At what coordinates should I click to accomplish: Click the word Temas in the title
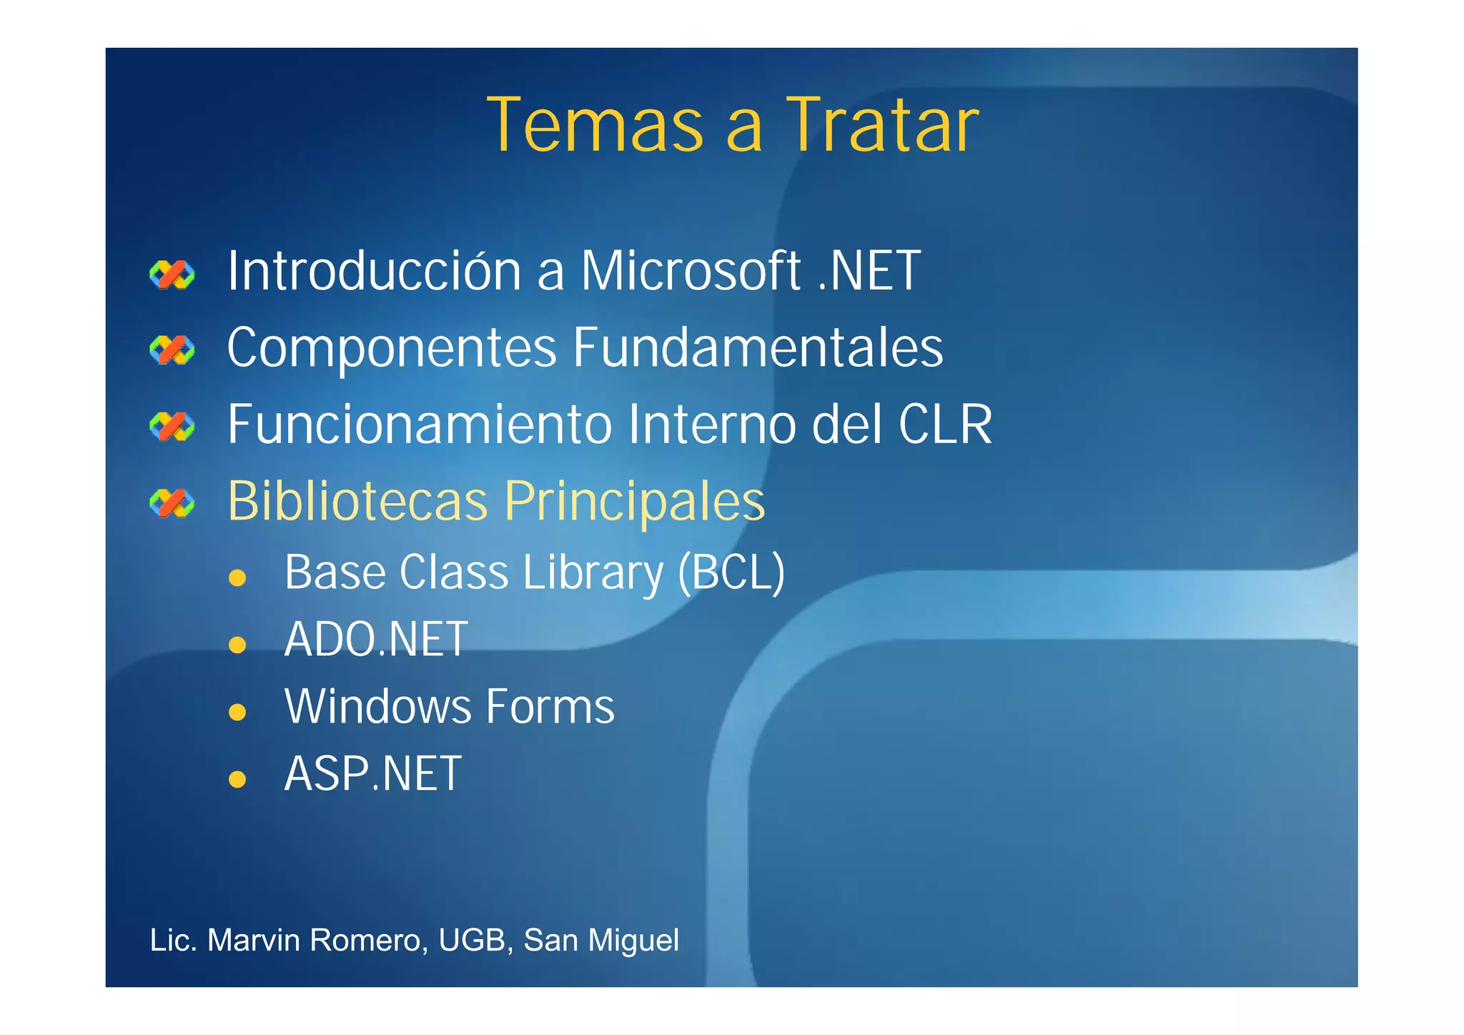pyautogui.click(x=595, y=126)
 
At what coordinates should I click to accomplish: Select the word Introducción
pyautogui.click(x=374, y=271)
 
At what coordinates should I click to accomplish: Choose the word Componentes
pyautogui.click(x=392, y=348)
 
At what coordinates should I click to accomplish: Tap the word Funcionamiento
pyautogui.click(x=420, y=425)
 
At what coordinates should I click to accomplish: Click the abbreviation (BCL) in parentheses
pyautogui.click(x=731, y=573)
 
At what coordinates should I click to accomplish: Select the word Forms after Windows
pyautogui.click(x=550, y=707)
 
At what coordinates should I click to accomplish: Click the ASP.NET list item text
pyautogui.click(x=372, y=774)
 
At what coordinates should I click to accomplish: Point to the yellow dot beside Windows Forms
pyautogui.click(x=237, y=712)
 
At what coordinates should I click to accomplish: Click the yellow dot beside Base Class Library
pyautogui.click(x=237, y=578)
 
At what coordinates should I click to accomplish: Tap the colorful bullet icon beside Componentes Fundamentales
pyautogui.click(x=172, y=350)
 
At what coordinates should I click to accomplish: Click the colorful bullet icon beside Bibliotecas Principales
pyautogui.click(x=172, y=503)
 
